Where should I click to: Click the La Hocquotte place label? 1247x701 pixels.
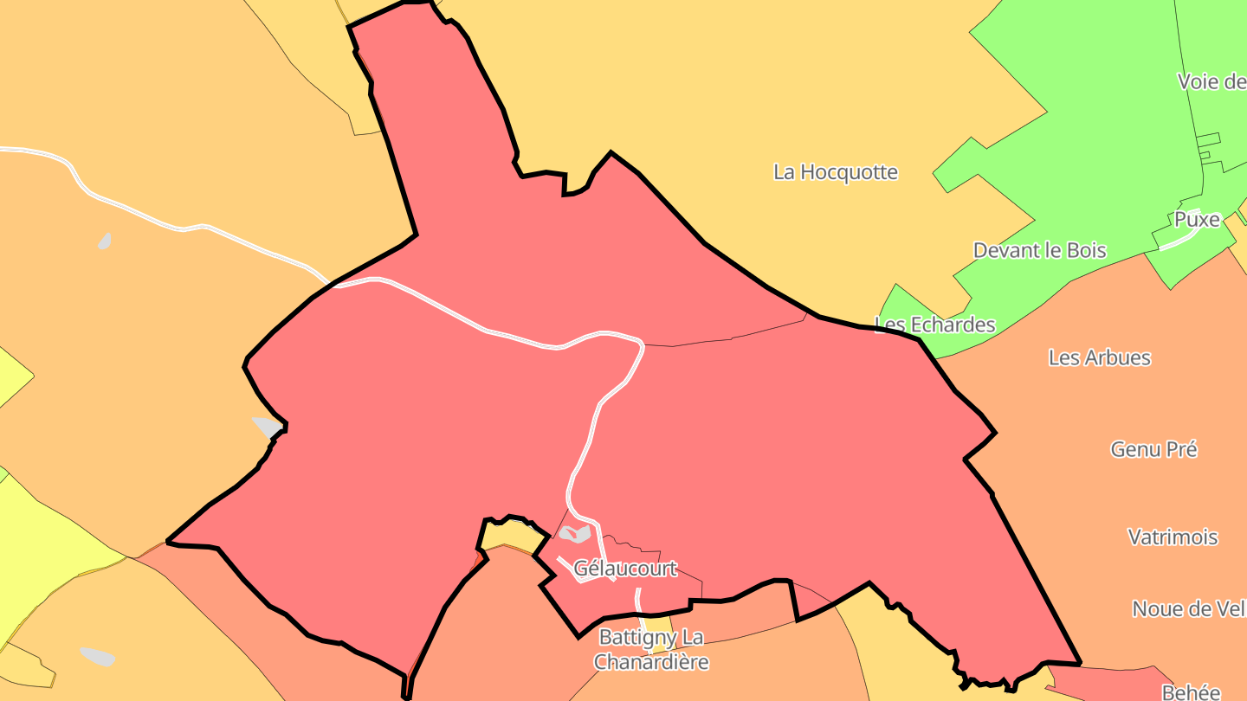[836, 171]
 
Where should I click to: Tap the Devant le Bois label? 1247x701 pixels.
[1039, 250]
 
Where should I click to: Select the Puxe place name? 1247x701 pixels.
[1197, 220]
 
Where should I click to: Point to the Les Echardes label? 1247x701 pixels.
[935, 325]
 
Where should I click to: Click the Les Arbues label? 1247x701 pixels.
[1099, 357]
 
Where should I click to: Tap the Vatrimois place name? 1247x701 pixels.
[1173, 537]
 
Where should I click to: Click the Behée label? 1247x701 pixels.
[1191, 691]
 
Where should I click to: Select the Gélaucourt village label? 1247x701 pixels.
[625, 569]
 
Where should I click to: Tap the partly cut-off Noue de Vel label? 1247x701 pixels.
[1188, 608]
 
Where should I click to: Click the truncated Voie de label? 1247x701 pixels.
[1211, 81]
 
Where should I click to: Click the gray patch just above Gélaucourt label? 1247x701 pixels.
[575, 533]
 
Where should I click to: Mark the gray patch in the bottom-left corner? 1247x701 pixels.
[97, 656]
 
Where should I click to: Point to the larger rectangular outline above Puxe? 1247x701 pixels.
[1209, 139]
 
